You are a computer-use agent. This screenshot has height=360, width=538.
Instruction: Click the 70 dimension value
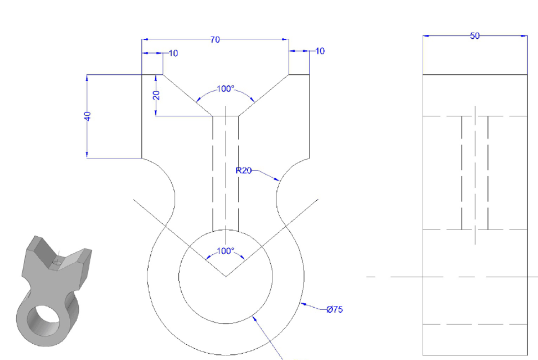tap(215, 39)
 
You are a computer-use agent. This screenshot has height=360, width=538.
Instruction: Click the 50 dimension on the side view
tap(474, 35)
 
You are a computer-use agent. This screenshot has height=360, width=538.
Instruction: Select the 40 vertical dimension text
tap(87, 116)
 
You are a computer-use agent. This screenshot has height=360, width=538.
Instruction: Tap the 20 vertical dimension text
tap(156, 95)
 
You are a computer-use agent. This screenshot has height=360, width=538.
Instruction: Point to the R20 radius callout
tap(244, 170)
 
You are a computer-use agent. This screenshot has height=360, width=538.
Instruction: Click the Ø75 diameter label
tap(335, 309)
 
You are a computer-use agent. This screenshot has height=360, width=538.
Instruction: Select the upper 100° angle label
tap(225, 89)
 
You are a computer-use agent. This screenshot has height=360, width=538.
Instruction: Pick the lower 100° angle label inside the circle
tap(225, 251)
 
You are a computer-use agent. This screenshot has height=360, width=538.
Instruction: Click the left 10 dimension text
tap(173, 53)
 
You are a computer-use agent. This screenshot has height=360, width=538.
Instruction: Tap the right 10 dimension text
tap(320, 51)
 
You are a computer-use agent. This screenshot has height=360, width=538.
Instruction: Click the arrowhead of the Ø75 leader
tap(303, 305)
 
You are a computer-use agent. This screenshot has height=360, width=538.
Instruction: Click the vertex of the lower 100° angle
tap(226, 276)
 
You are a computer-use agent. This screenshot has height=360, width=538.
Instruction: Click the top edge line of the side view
tap(474, 74)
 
